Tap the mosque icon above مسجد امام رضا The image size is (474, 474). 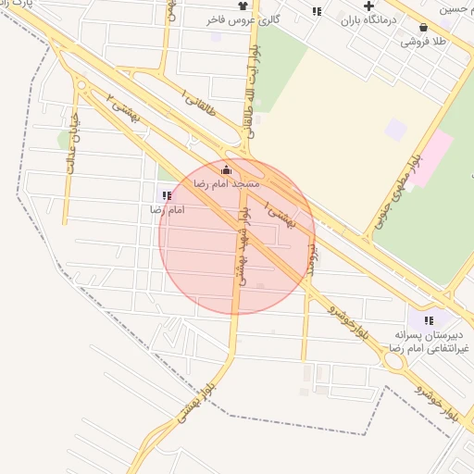[227, 169]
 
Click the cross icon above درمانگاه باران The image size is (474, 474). [368, 6]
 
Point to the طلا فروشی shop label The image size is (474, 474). [424, 42]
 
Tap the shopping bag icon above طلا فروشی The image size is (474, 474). [424, 28]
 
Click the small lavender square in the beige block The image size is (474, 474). [396, 130]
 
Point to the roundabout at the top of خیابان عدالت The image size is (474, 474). [82, 85]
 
